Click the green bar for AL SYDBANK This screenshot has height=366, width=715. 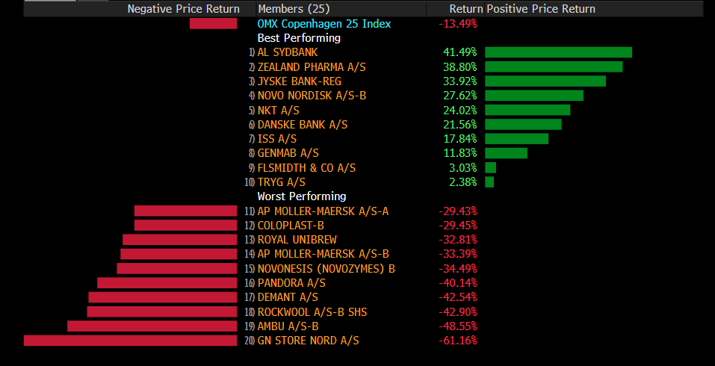[558, 52]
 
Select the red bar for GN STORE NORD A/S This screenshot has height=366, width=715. [130, 341]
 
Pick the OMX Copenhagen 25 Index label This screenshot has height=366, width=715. [324, 24]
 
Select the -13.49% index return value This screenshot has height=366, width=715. [457, 24]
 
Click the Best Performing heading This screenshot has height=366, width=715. [299, 38]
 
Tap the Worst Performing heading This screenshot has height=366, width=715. [302, 196]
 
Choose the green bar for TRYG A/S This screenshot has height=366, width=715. [489, 182]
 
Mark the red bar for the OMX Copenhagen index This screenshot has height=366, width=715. [213, 24]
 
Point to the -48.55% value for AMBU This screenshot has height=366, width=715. [457, 326]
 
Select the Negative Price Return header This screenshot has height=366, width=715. [183, 9]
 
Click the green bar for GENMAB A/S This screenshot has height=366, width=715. [506, 153]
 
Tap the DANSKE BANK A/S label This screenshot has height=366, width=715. [303, 125]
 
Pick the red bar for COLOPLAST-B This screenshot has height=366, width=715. [185, 226]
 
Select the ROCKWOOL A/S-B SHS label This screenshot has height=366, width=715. [312, 312]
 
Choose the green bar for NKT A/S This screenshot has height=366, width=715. [527, 110]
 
